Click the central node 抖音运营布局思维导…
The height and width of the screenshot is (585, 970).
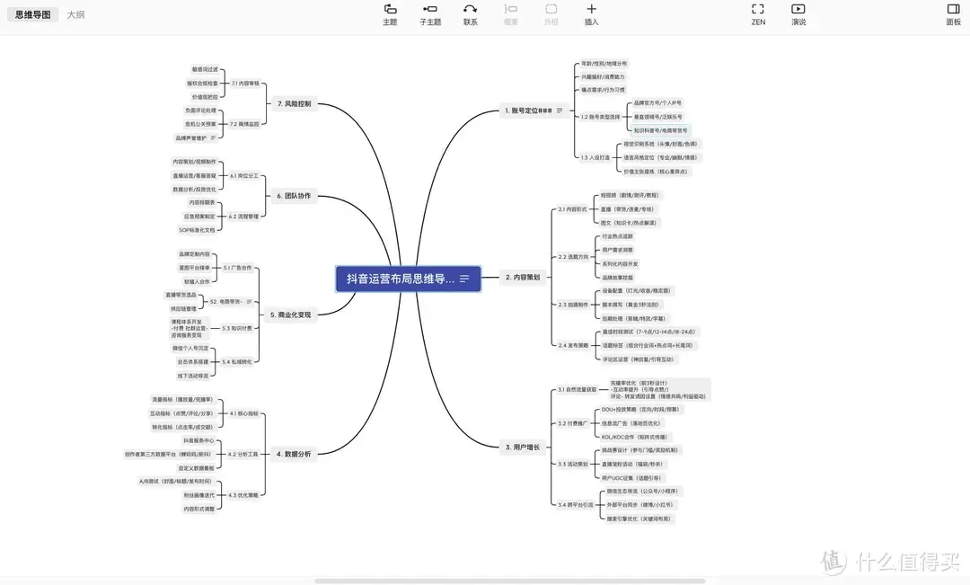tap(401, 279)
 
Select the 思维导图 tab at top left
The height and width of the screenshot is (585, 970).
tap(32, 15)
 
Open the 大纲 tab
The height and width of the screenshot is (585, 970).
tap(76, 15)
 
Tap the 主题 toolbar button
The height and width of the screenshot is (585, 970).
tap(390, 14)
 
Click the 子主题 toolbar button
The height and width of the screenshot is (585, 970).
tap(430, 14)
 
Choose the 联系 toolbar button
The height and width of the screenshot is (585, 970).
tap(471, 14)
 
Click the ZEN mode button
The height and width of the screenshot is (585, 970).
tap(758, 14)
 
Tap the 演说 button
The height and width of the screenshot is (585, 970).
tap(798, 14)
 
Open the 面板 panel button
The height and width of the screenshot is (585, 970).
tap(953, 14)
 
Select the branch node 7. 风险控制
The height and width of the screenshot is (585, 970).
tap(294, 103)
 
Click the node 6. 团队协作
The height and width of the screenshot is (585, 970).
tap(294, 195)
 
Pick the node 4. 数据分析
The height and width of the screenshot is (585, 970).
tap(294, 454)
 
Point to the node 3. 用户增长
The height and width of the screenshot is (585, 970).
tap(522, 447)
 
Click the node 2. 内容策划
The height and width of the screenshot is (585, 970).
tap(522, 278)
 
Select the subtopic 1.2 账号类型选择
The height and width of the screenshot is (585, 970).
tap(600, 117)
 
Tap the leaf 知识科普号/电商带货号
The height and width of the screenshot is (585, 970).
tap(661, 130)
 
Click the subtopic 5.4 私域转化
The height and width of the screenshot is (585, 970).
tap(237, 361)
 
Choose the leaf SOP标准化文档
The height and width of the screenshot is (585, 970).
tap(197, 230)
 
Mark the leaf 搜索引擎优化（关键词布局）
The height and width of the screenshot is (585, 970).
tap(637, 519)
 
